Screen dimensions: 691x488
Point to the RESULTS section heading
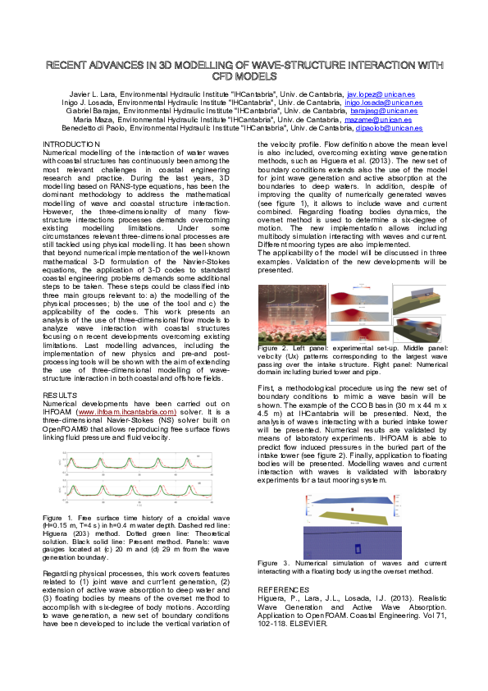point(60,395)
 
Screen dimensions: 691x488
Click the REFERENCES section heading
point(284,589)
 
